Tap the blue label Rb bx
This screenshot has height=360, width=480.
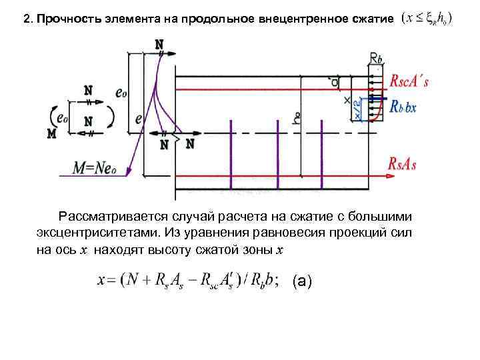click(403, 106)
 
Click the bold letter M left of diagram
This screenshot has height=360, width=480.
click(51, 133)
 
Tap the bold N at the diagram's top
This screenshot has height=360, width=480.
click(159, 44)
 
